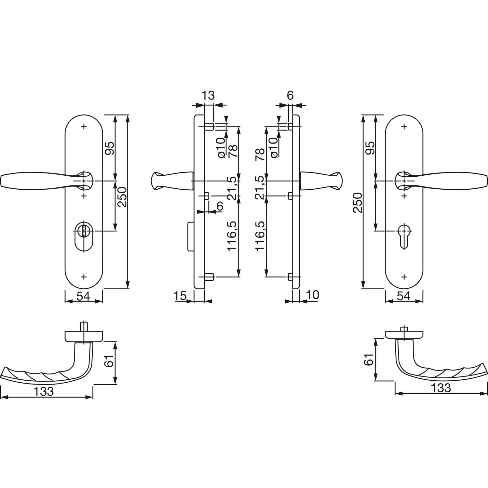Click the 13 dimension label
(208, 96)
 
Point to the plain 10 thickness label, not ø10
(312, 295)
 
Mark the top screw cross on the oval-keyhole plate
(84, 127)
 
